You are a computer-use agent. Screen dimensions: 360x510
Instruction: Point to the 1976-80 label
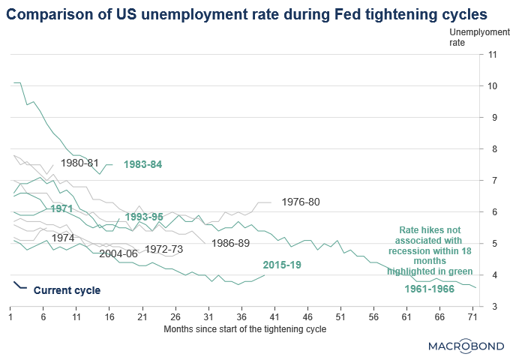pos(300,202)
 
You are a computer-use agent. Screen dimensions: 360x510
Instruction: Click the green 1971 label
pos(61,208)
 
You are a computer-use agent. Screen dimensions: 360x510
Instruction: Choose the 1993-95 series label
pos(145,217)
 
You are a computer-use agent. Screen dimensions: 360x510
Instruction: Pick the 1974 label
pos(63,238)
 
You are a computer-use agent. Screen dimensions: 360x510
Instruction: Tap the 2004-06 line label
pos(118,253)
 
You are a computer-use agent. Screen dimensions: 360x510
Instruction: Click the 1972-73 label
pos(164,248)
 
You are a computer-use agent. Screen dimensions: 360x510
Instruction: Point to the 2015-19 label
pos(283,265)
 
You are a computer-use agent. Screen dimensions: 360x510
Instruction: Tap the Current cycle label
pos(67,289)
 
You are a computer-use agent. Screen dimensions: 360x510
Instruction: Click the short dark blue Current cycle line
pos(20,286)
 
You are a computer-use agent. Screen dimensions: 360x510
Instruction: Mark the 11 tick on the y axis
pos(492,55)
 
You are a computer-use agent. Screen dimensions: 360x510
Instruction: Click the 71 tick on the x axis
pos(472,318)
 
